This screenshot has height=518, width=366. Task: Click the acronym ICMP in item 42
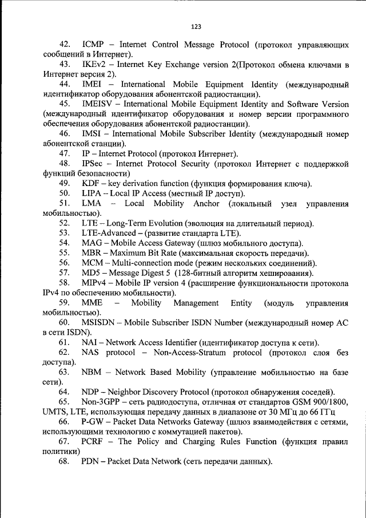(x=93, y=45)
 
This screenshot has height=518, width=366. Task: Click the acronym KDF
(x=91, y=183)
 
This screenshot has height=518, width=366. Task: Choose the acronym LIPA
(x=92, y=193)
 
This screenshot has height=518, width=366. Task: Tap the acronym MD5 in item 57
(x=91, y=273)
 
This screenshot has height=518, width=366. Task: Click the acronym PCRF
(x=94, y=442)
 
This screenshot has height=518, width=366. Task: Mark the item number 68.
(x=64, y=462)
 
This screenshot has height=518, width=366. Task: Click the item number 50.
(x=64, y=193)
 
